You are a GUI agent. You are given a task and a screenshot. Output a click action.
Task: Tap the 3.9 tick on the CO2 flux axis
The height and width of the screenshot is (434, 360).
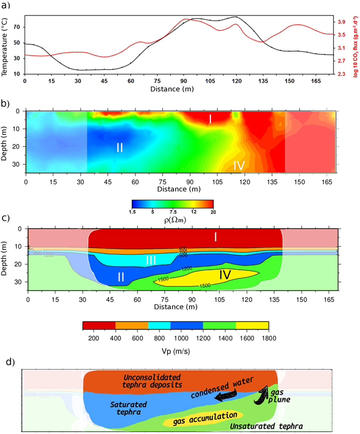[x=340, y=22]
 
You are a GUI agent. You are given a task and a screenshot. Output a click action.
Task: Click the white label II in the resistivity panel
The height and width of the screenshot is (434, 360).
[x=119, y=148]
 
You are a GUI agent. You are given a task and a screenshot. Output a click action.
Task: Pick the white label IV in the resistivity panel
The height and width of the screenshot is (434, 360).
[x=238, y=166]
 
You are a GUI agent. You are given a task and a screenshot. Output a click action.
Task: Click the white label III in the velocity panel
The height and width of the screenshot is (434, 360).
[x=151, y=260]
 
